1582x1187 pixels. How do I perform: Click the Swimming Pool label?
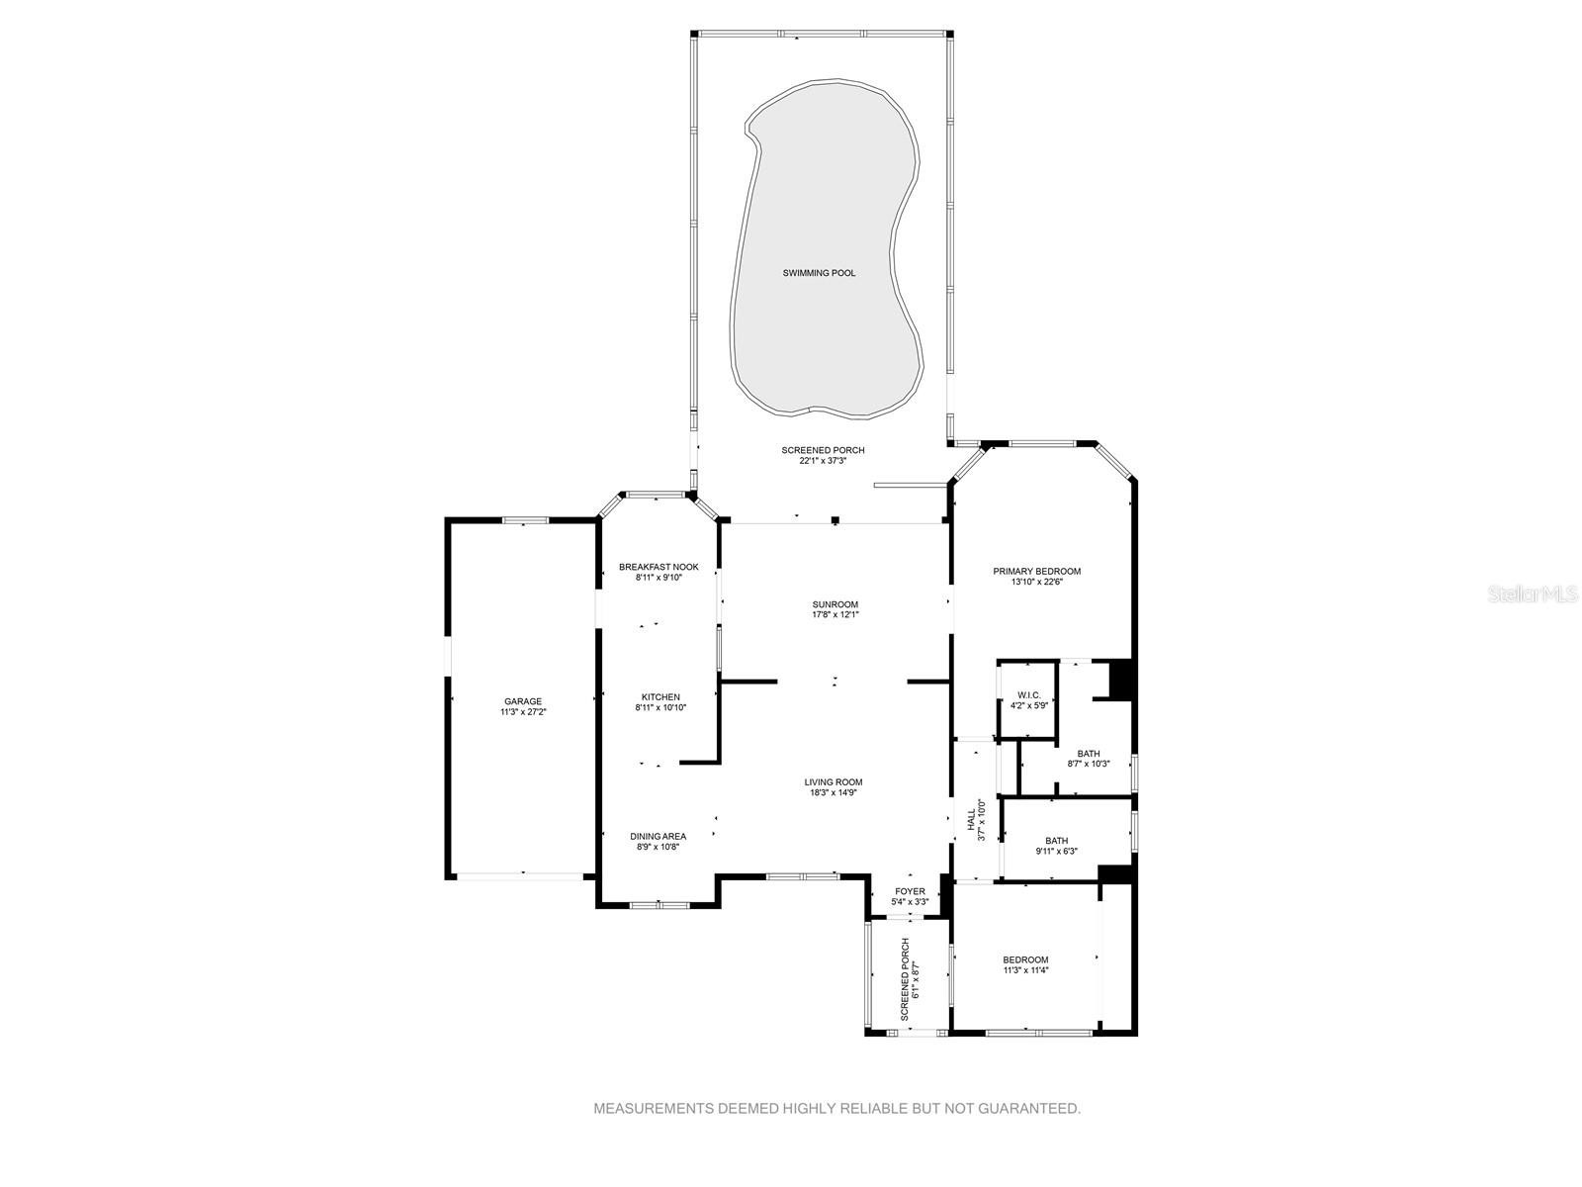819,273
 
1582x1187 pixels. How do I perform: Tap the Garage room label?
522,701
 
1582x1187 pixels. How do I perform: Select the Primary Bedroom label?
1036,572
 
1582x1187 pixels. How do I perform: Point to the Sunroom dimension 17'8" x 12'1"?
835,614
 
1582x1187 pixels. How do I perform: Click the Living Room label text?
834,782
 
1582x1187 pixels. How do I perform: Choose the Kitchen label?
660,697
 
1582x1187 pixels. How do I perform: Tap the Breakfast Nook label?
659,567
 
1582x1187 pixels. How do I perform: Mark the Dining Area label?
659,836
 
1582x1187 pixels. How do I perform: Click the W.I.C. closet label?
1029,694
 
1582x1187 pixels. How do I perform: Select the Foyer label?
910,891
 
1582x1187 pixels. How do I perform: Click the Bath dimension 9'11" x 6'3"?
1057,851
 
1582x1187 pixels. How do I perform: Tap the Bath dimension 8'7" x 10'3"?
1089,764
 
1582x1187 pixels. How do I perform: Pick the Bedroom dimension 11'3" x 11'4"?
1025,970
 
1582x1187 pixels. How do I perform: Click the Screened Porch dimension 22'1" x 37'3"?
823,461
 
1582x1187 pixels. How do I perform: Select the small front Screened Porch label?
906,978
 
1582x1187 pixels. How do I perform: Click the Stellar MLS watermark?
1533,593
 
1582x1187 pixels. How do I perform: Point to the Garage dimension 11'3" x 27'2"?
522,711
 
